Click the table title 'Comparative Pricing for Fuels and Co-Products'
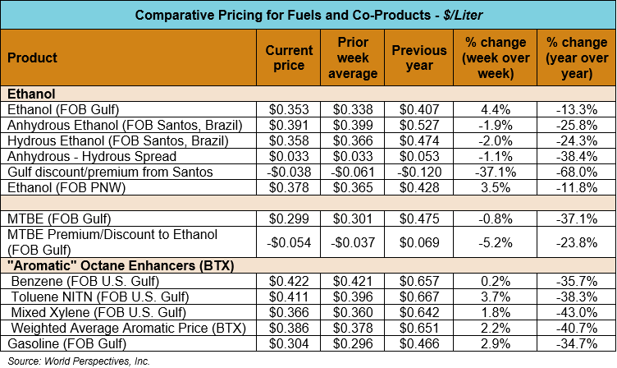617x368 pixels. pyautogui.click(x=308, y=16)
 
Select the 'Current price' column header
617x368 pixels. pyautogui.click(x=289, y=58)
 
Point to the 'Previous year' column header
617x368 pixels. pyautogui.click(x=419, y=58)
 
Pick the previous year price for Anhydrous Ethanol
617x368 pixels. pyautogui.click(x=419, y=125)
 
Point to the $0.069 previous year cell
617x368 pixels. pyautogui.click(x=419, y=242)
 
